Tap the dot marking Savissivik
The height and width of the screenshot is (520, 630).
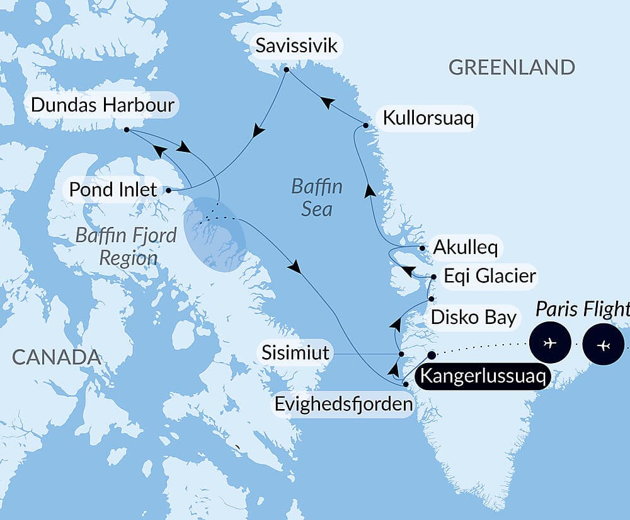(x=285, y=69)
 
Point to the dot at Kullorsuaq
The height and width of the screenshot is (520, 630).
(x=366, y=125)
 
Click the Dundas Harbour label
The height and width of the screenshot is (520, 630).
(x=102, y=105)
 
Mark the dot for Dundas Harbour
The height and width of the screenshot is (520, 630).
(x=126, y=130)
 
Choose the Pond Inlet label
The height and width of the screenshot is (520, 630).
(x=113, y=189)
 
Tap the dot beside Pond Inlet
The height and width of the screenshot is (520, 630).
(x=168, y=189)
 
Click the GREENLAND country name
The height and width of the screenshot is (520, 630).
(x=512, y=67)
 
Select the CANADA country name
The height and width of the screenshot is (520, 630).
(x=56, y=357)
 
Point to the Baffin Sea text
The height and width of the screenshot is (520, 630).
(x=316, y=197)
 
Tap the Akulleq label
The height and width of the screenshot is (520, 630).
(x=465, y=248)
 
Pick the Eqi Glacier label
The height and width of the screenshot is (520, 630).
(x=490, y=276)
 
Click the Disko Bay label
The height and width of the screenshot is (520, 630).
(x=473, y=317)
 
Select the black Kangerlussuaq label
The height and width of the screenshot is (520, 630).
(x=484, y=377)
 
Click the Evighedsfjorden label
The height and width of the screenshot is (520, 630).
(x=344, y=404)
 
